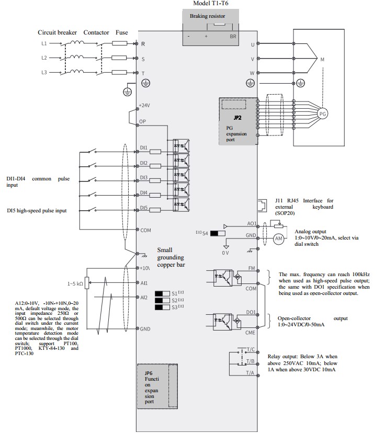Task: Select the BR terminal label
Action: [x=233, y=36]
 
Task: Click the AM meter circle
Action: [x=278, y=238]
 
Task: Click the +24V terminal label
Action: [x=144, y=106]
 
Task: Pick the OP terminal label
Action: [x=142, y=121]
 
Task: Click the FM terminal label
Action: [x=252, y=268]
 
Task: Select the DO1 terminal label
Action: [x=251, y=312]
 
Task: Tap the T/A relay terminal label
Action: [x=250, y=373]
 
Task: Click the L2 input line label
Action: [x=44, y=58]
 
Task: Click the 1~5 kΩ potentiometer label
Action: [x=75, y=283]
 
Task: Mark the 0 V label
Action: [x=225, y=253]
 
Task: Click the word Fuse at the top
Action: [x=121, y=32]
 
